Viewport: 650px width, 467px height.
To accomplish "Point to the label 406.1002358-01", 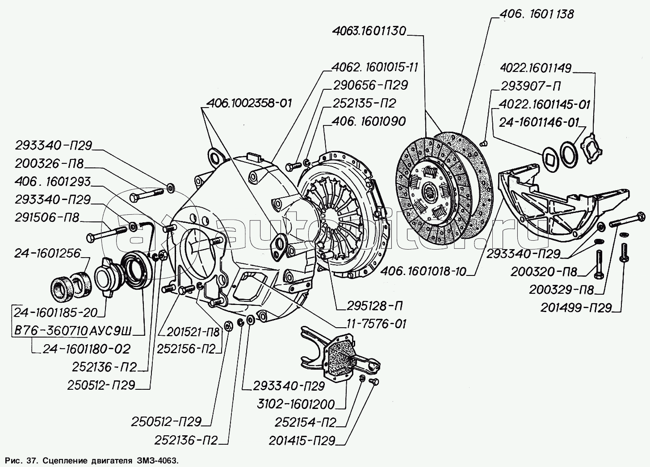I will point(249,103).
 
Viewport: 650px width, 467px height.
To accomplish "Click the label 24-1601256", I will point(47,253).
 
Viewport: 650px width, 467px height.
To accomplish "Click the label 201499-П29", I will point(575,308).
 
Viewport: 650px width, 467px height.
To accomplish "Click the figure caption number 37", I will point(27,459).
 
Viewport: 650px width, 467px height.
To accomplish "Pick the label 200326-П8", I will point(49,163).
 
